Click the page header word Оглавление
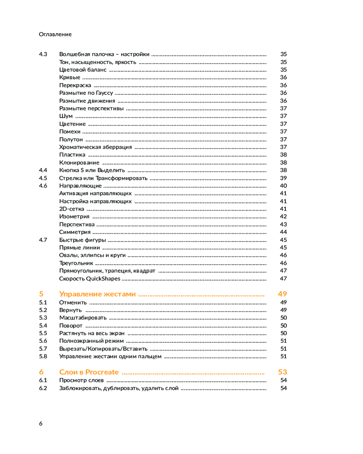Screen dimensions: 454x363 [x=55, y=34]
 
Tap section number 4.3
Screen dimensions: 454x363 [x=43, y=54]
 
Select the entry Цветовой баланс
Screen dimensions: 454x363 [x=83, y=69]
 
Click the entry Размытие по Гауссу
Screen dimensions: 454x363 [x=86, y=93]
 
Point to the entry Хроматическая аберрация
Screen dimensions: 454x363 [x=95, y=147]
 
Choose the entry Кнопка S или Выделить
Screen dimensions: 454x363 [x=91, y=170]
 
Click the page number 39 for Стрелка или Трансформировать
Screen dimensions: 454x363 [x=283, y=178]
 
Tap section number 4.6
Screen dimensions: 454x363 [x=43, y=185]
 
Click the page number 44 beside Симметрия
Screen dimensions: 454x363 [x=283, y=232]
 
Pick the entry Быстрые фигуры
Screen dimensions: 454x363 [x=83, y=240]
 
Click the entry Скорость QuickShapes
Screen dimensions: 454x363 [x=90, y=278]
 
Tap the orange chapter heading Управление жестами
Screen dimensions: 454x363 [x=97, y=294]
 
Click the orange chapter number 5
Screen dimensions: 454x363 [x=41, y=294]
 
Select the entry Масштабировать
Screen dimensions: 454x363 [x=83, y=317]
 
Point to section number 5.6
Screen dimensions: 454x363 [x=43, y=340]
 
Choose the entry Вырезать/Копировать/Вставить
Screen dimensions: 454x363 [x=103, y=348]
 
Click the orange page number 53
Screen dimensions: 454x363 [x=282, y=372]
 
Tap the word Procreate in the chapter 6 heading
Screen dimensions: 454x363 [x=102, y=372]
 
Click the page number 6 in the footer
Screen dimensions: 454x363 [x=41, y=423]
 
